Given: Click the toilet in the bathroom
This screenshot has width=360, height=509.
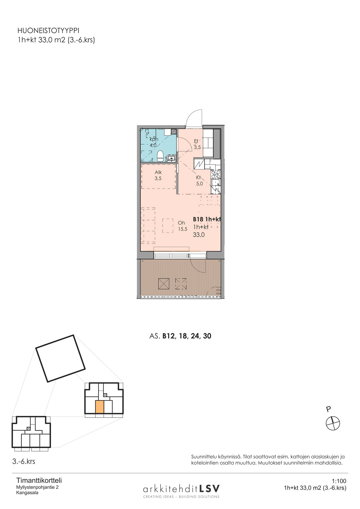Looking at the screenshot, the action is coord(160,156).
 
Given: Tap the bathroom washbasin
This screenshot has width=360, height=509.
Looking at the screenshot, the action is coord(171,158).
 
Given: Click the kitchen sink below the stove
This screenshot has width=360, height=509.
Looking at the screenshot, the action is coord(215,182).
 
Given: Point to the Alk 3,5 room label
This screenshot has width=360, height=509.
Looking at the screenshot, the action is coord(158,175).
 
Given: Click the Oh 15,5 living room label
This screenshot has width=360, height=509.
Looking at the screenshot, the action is coord(182,226).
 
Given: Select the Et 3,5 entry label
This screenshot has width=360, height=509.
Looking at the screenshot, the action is coord(197,144).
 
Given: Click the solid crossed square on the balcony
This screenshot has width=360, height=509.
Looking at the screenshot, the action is coord(163,284).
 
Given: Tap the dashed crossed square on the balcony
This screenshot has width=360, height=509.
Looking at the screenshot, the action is coord(181,284).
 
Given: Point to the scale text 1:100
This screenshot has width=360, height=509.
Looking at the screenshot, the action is coord(339,481).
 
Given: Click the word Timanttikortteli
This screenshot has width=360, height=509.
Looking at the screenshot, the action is coord(39,481).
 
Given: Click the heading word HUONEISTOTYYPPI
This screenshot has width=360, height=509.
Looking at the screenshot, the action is coord(48,31).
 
